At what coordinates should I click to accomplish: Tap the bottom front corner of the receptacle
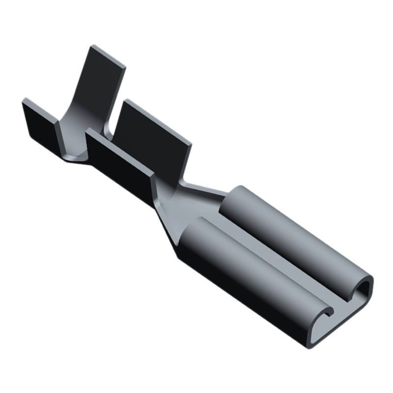[309, 347]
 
